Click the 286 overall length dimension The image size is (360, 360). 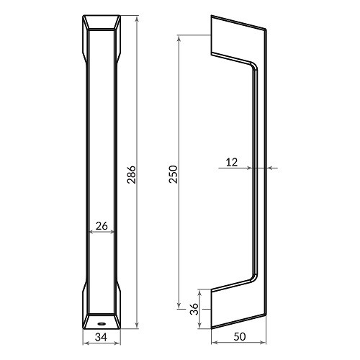tap(131, 173)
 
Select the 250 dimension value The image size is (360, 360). tap(173, 173)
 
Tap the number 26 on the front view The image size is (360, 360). tap(102, 225)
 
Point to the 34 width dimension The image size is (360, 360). tap(101, 337)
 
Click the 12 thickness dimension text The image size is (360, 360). tap(231, 162)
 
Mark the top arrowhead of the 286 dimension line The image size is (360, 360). tap(137, 15)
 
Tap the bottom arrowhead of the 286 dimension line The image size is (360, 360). tap(137, 326)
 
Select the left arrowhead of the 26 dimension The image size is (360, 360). tap(89, 233)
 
